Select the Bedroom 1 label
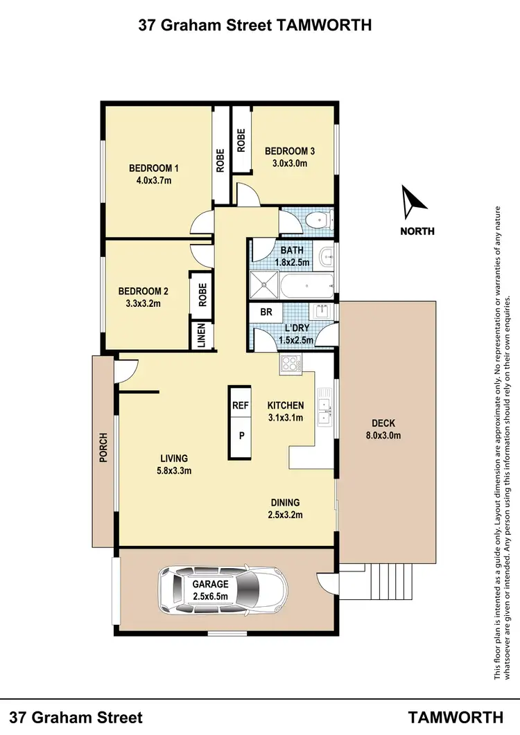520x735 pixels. pyautogui.click(x=154, y=168)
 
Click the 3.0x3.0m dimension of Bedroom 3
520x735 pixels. pyautogui.click(x=290, y=163)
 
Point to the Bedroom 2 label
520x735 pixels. pyautogui.click(x=144, y=291)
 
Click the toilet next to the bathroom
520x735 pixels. pyautogui.click(x=318, y=220)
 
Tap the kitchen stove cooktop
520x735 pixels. pyautogui.click(x=289, y=364)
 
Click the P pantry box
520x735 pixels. pyautogui.click(x=241, y=436)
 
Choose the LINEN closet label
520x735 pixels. pyautogui.click(x=201, y=336)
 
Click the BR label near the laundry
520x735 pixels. pyautogui.click(x=266, y=312)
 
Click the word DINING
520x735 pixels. pyautogui.click(x=285, y=503)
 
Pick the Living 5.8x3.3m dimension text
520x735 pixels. pyautogui.click(x=174, y=470)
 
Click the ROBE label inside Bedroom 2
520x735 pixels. pyautogui.click(x=203, y=295)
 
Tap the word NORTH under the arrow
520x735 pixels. pyautogui.click(x=417, y=231)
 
